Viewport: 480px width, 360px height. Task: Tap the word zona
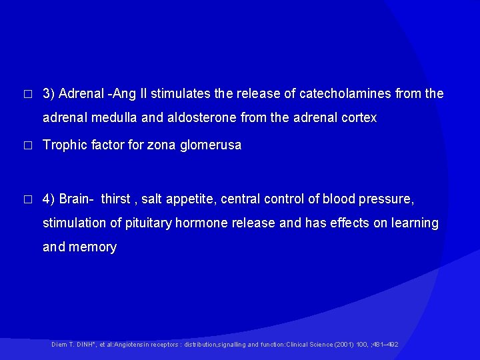[164, 145]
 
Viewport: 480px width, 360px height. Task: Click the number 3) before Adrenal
[49, 94]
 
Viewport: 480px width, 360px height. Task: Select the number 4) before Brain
[49, 199]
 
